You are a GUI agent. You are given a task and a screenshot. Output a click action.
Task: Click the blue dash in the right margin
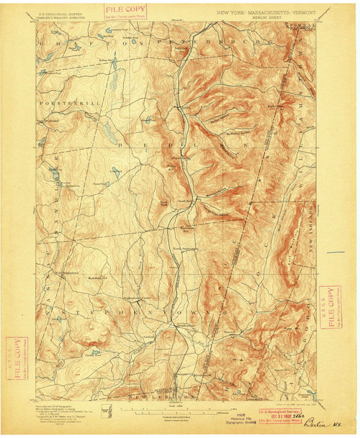(x=336, y=252)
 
